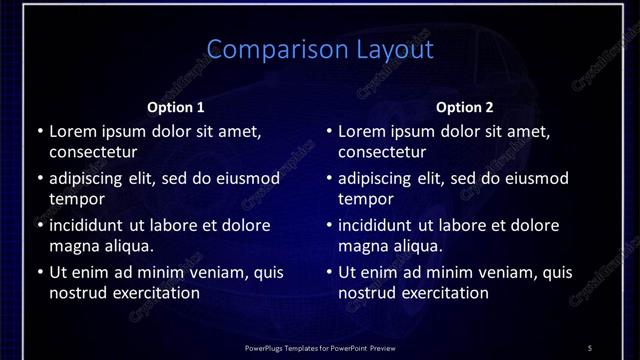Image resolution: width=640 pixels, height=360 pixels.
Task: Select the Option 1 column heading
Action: point(175,107)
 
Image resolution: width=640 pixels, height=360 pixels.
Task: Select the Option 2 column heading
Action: point(465,107)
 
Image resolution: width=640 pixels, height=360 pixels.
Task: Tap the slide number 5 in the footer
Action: point(590,348)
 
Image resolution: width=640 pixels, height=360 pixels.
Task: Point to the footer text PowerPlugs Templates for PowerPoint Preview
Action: point(320,348)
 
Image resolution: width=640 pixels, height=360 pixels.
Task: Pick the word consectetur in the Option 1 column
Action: point(93,152)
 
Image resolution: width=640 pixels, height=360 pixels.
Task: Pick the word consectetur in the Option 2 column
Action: point(382,152)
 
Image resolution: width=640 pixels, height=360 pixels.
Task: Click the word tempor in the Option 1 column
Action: point(76,199)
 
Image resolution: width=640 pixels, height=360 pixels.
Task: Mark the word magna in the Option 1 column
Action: point(74,246)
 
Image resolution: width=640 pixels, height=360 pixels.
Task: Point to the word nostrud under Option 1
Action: point(77,293)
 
